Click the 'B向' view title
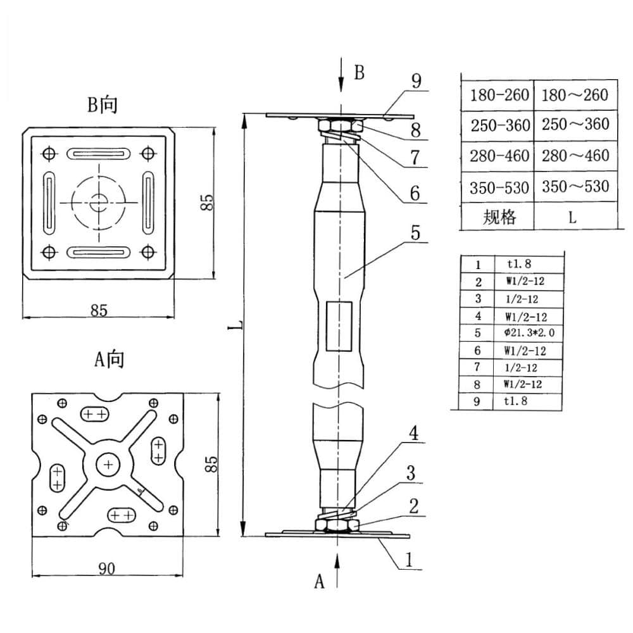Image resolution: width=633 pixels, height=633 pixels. coord(103,104)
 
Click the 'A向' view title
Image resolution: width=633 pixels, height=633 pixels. coord(109,359)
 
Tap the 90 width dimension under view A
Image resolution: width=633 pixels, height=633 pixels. coord(106,568)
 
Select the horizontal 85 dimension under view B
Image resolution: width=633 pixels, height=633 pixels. coord(99,310)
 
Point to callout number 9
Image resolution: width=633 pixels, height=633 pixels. coord(417,81)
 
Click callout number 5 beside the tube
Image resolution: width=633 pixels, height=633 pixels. coord(415,232)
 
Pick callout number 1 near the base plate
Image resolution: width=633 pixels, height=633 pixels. coord(409,560)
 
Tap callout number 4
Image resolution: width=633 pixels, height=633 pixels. coord(413,433)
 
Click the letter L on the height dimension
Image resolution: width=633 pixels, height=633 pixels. coord(240,325)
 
